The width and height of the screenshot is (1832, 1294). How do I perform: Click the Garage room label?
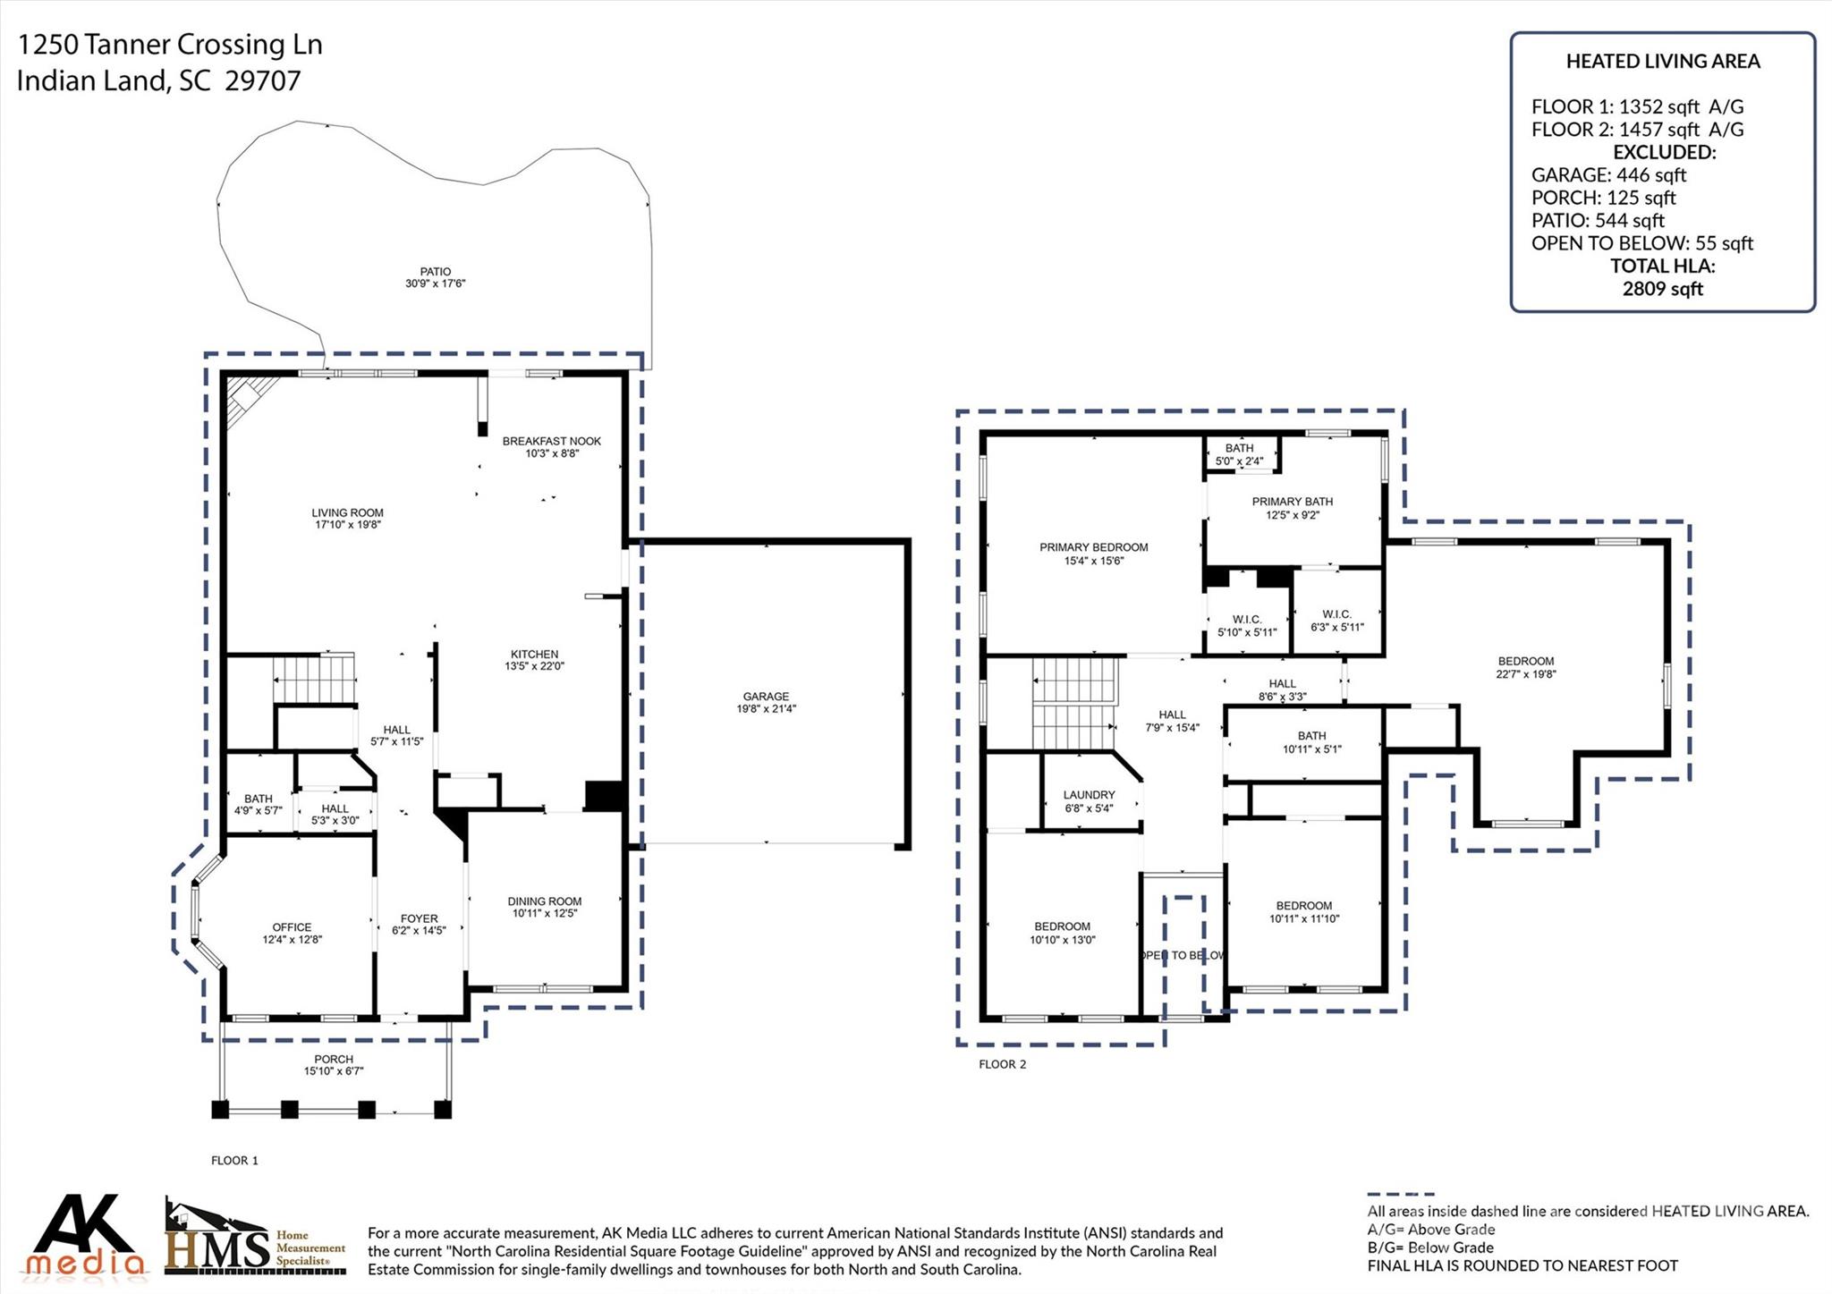(x=766, y=697)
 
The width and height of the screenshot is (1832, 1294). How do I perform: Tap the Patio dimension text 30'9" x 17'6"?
(x=435, y=283)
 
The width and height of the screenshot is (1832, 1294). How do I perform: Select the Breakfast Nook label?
(x=551, y=441)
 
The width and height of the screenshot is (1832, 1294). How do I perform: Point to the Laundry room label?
(x=1089, y=795)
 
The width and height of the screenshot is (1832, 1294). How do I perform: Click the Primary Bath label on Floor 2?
(x=1292, y=502)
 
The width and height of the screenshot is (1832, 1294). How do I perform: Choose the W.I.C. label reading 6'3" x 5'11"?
(x=1336, y=621)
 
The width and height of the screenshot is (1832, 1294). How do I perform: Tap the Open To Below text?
(x=1183, y=955)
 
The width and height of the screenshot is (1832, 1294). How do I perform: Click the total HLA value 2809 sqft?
(x=1662, y=289)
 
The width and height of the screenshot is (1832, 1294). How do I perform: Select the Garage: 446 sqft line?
(x=1608, y=175)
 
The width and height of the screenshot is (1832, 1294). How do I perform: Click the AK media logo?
(x=84, y=1235)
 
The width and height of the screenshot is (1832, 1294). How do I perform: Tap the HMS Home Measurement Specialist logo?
(x=255, y=1239)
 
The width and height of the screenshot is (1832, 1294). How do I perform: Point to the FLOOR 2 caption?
(x=1002, y=1064)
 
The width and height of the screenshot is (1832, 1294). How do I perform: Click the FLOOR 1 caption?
(x=234, y=1161)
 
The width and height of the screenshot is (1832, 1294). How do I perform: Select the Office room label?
(x=292, y=927)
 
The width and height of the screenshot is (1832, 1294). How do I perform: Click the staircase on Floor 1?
(x=313, y=680)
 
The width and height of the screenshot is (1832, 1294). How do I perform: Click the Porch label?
(x=334, y=1059)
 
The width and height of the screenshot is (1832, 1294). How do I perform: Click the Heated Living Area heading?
(x=1662, y=62)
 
